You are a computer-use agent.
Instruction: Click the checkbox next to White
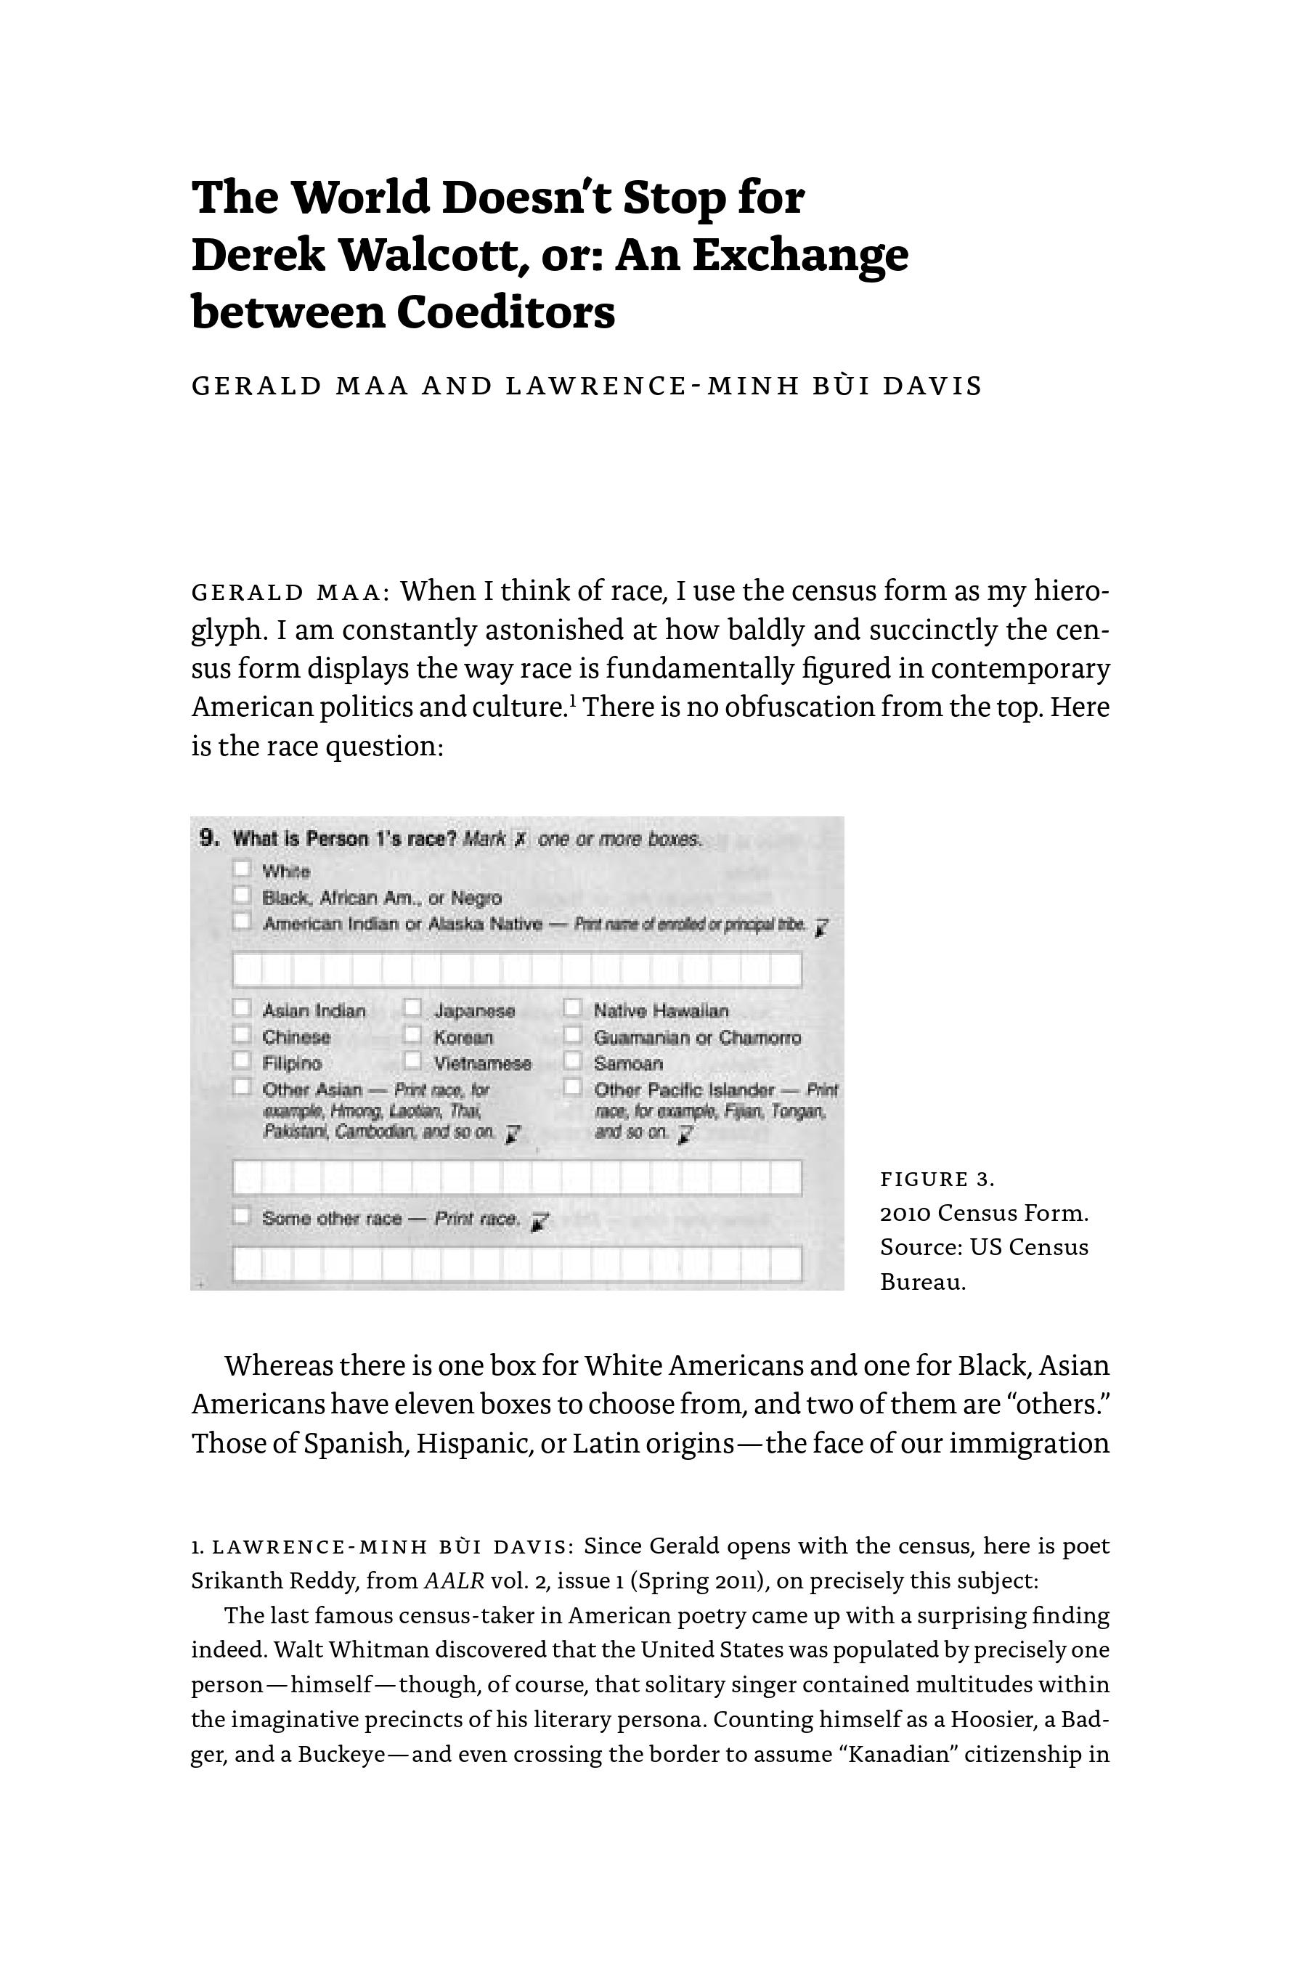pyautogui.click(x=242, y=869)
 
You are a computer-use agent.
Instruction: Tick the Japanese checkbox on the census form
pyautogui.click(x=412, y=1008)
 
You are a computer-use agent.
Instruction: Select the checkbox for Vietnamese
pyautogui.click(x=412, y=1060)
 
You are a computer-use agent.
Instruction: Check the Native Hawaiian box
pyautogui.click(x=572, y=1008)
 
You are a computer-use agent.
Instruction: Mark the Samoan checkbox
pyautogui.click(x=572, y=1060)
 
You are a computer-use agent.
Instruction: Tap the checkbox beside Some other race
pyautogui.click(x=242, y=1216)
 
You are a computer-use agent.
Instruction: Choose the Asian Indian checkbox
pyautogui.click(x=242, y=1008)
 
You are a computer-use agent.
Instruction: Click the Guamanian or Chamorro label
pyautogui.click(x=697, y=1038)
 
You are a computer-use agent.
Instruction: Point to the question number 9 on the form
pyautogui.click(x=209, y=838)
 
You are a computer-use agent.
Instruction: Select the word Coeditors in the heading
pyautogui.click(x=505, y=312)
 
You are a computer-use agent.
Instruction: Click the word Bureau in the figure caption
pyautogui.click(x=923, y=1283)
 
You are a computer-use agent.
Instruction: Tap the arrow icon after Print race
pyautogui.click(x=540, y=1222)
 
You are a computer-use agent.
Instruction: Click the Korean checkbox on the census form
pyautogui.click(x=412, y=1035)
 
